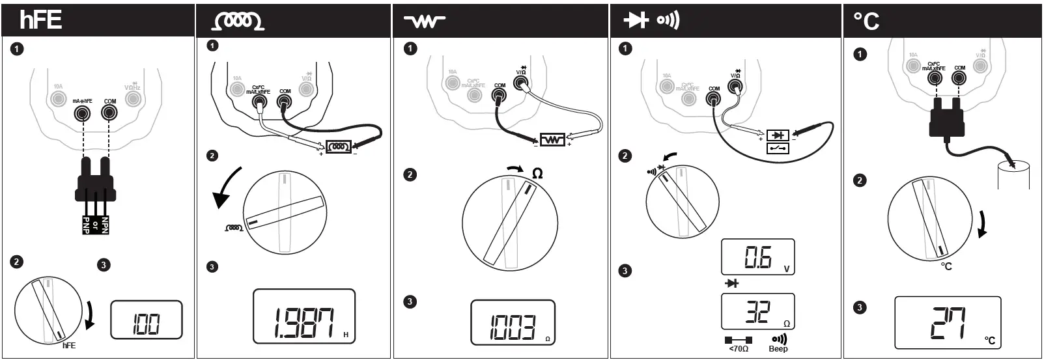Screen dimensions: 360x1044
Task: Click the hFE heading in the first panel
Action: click(41, 20)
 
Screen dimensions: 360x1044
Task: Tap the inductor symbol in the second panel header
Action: click(238, 21)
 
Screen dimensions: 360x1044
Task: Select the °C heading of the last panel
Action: click(866, 21)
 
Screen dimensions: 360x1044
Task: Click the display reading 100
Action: click(146, 320)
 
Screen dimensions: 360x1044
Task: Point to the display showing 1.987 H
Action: click(304, 316)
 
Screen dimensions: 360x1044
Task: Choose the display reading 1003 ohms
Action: click(513, 322)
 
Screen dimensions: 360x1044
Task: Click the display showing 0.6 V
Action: click(757, 257)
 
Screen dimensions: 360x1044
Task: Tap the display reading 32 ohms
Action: click(757, 311)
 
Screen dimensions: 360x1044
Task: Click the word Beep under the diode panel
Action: click(778, 350)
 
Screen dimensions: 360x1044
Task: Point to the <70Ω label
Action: click(738, 350)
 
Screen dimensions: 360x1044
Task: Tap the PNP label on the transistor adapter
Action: click(86, 225)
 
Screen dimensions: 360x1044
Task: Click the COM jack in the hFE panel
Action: click(109, 113)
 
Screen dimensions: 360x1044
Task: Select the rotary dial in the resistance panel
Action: click(510, 223)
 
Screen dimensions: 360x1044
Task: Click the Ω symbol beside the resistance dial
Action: click(537, 173)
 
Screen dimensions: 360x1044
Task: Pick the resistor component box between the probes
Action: click(553, 139)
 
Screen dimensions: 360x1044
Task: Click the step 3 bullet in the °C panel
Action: click(860, 307)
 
